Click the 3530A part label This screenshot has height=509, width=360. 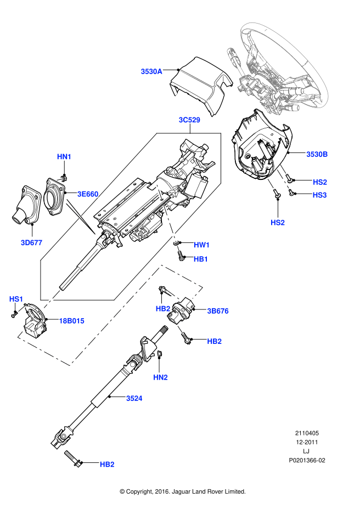(x=151, y=71)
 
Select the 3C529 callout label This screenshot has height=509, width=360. (x=189, y=120)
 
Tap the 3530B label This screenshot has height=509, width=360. (x=317, y=155)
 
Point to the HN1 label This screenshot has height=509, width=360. (x=64, y=157)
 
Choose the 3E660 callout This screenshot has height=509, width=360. (x=88, y=194)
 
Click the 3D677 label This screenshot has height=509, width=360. (x=32, y=241)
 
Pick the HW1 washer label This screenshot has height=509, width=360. (x=201, y=245)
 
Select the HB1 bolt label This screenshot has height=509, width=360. (x=201, y=259)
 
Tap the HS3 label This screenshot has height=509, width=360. (x=320, y=195)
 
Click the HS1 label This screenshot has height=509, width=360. (x=16, y=299)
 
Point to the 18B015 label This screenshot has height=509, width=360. (x=71, y=321)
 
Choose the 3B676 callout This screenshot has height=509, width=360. (x=217, y=311)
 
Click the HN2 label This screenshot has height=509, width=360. (x=160, y=377)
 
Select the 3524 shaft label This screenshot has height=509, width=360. (x=134, y=398)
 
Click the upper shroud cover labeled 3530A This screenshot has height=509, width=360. (x=200, y=86)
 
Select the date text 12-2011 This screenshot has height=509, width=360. (x=307, y=442)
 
